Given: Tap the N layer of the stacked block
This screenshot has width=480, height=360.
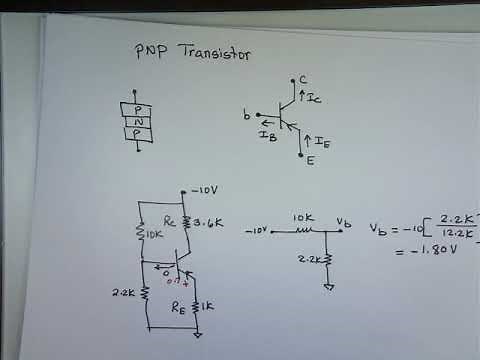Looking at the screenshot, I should coord(137,121).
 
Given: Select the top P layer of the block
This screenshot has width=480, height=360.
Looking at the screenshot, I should coord(137,108).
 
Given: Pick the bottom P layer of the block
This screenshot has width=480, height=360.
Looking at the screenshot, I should coord(137,134).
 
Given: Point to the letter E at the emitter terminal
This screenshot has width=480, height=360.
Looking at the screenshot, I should coord(309,160).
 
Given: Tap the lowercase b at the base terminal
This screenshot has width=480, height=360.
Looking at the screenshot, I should coord(246,116).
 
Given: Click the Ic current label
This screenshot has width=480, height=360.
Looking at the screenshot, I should coord(313,99).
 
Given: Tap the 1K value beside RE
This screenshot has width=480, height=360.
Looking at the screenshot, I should coord(209,305).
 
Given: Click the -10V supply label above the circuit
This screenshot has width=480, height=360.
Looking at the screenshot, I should coord(204,191).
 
